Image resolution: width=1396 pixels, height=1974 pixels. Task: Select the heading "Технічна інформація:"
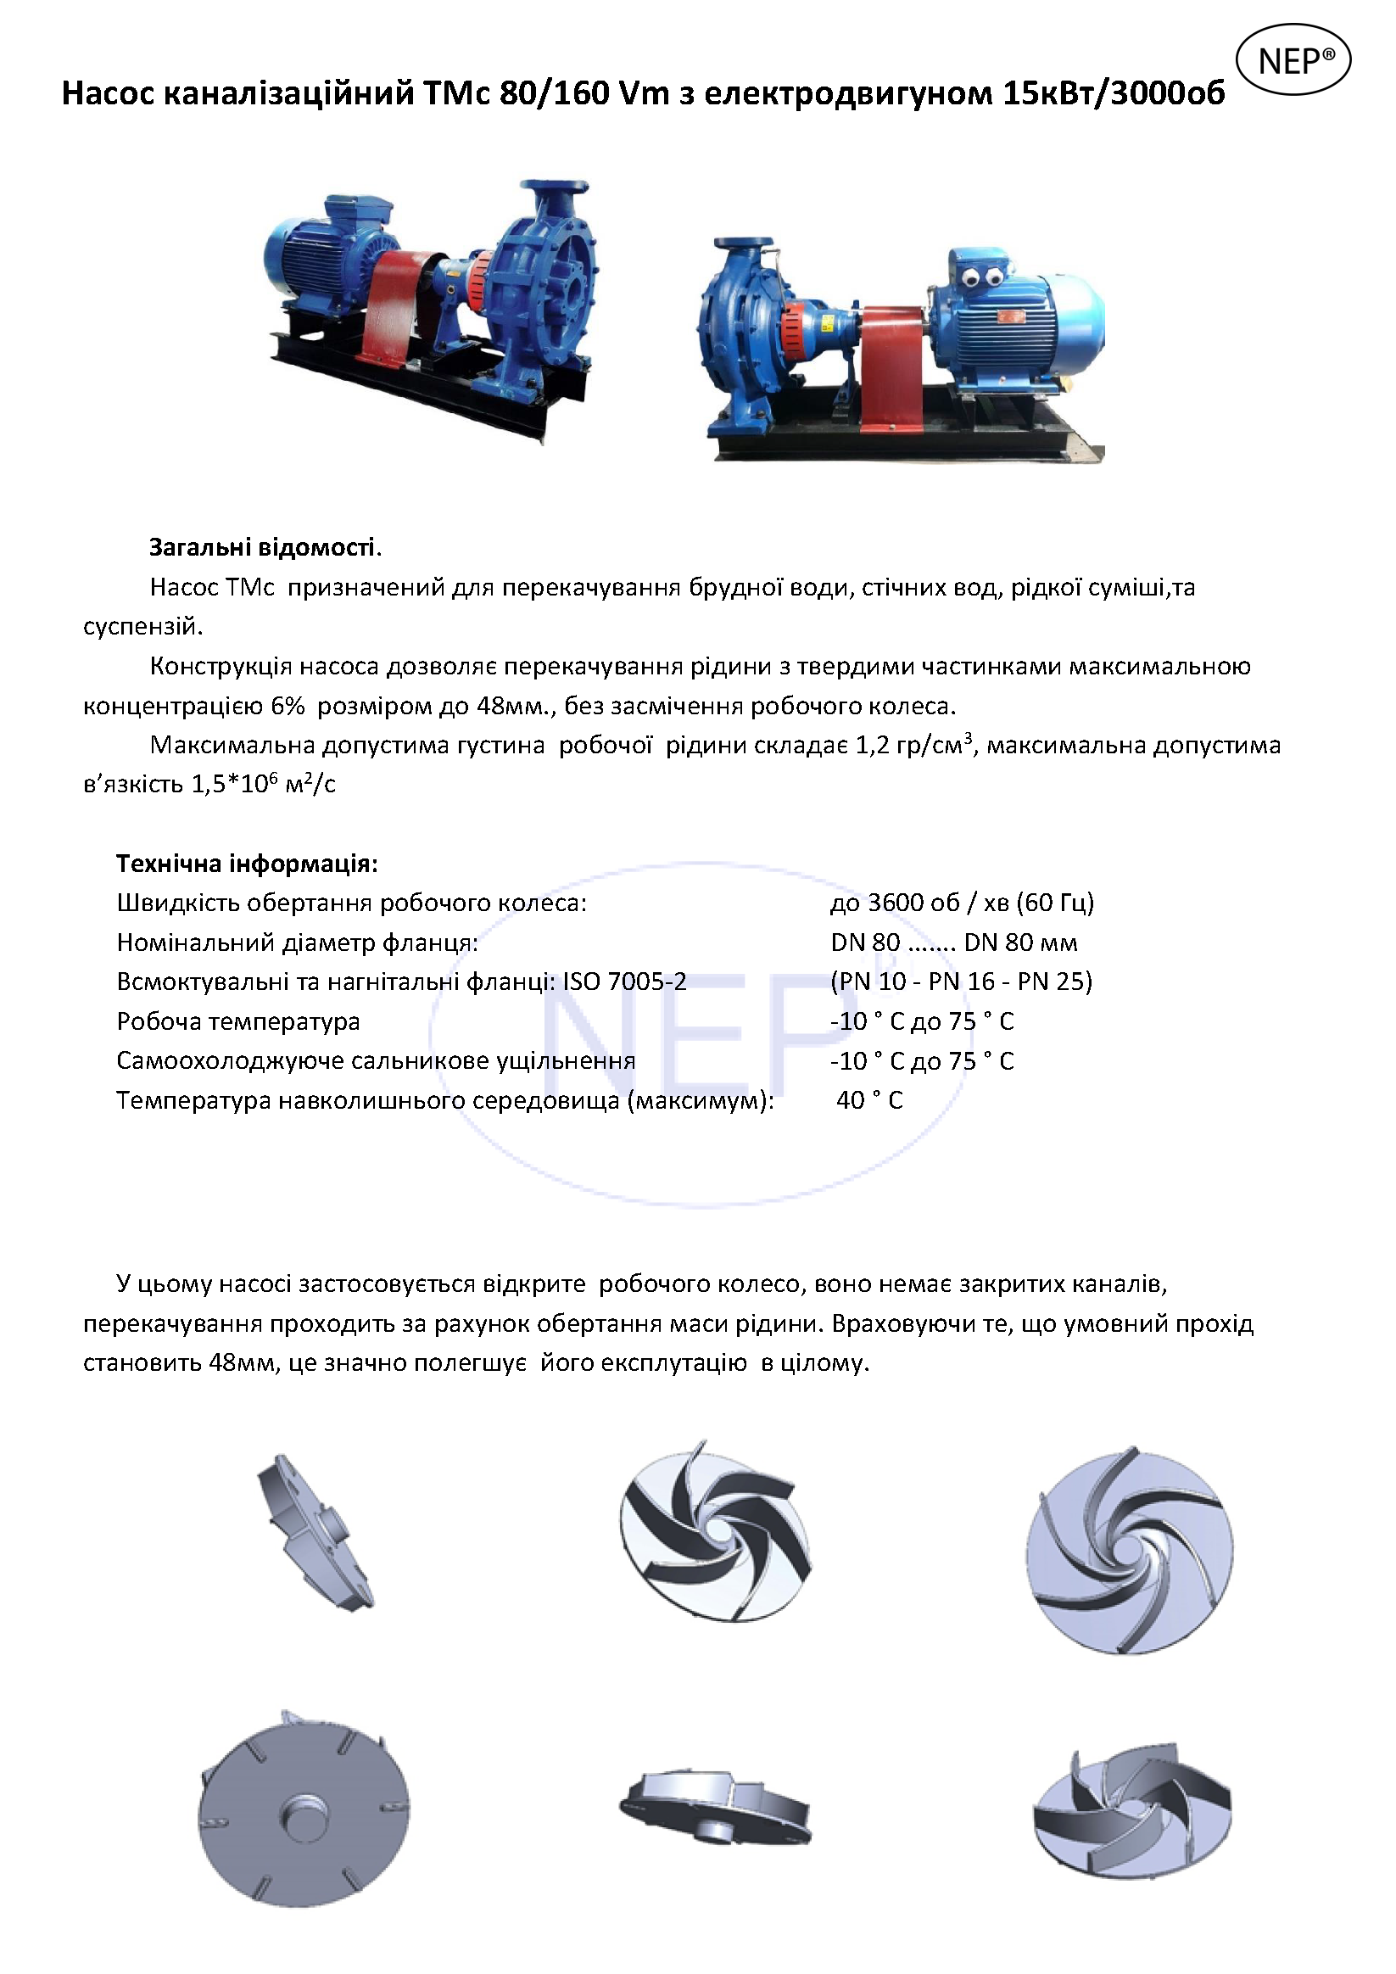(x=247, y=864)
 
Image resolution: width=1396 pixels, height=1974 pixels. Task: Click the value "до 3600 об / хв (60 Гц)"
(x=962, y=903)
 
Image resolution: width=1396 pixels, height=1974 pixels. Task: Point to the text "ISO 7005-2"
(x=625, y=981)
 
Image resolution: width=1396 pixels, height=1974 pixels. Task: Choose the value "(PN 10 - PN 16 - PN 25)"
(x=961, y=981)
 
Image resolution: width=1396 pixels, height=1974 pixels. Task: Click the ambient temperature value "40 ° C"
(x=869, y=1100)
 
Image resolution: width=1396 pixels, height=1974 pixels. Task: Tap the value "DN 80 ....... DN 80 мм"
(x=953, y=942)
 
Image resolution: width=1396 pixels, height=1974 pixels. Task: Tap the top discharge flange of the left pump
(x=555, y=187)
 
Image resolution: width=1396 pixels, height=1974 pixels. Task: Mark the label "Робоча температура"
(x=238, y=1021)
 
